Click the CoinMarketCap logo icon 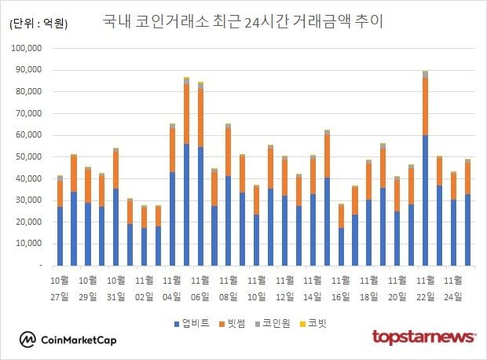click(27, 340)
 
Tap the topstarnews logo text click(423, 337)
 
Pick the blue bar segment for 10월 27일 click(60, 236)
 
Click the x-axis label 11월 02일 click(145, 288)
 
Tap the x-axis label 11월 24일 click(453, 288)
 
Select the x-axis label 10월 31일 click(115, 288)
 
